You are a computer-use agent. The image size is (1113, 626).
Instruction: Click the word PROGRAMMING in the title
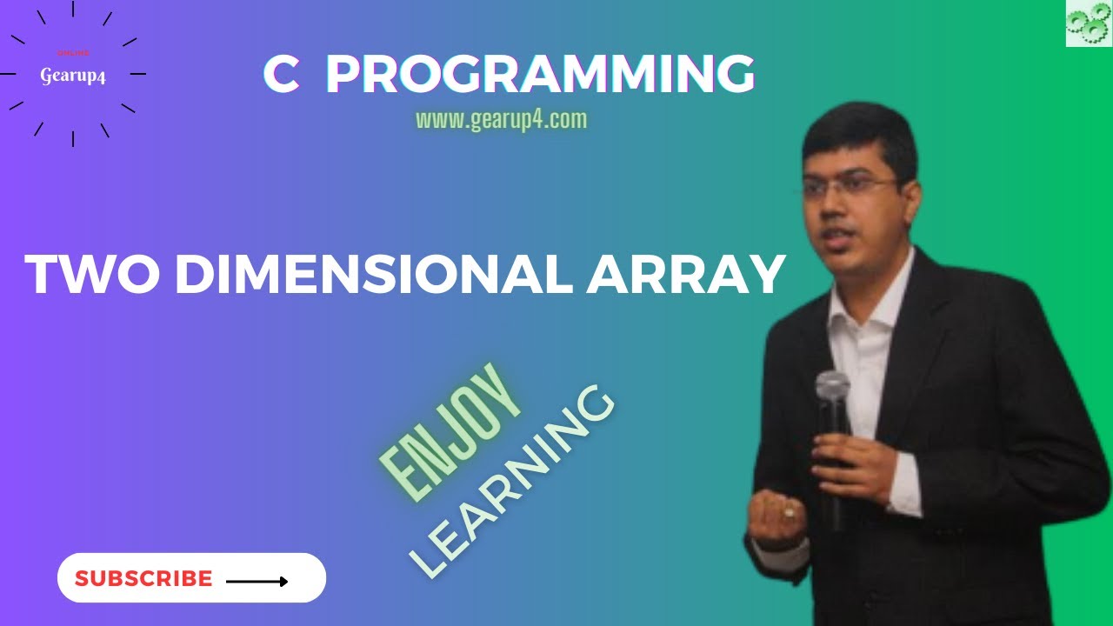tap(539, 75)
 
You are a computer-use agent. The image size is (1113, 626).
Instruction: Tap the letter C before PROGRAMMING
tap(281, 75)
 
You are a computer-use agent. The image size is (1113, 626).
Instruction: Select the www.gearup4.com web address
tap(502, 120)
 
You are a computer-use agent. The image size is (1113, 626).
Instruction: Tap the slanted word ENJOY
tap(451, 431)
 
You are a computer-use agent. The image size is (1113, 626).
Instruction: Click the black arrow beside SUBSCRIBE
tap(257, 581)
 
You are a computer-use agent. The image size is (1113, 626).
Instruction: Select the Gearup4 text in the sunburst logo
tap(73, 76)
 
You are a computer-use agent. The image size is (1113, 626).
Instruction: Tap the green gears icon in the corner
tap(1089, 23)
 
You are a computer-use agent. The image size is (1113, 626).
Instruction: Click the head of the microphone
tap(832, 387)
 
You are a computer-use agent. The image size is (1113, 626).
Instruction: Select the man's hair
tap(856, 139)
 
